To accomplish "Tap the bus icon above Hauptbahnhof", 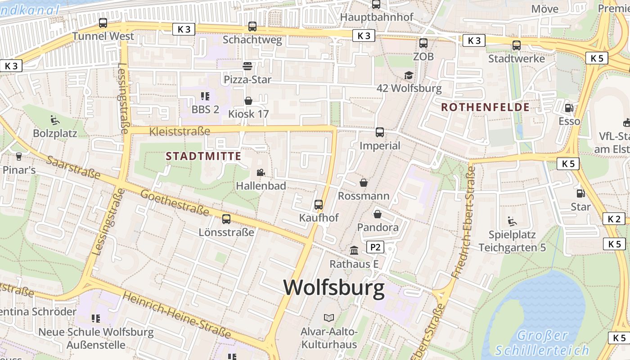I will pyautogui.click(x=376, y=4).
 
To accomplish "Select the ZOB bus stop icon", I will pyautogui.click(x=423, y=43).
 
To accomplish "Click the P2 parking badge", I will pyautogui.click(x=375, y=247).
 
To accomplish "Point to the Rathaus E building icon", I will pyautogui.click(x=354, y=250).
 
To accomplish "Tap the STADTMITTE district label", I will pyautogui.click(x=203, y=157).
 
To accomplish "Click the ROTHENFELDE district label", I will pyautogui.click(x=485, y=107).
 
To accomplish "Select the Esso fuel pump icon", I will pyautogui.click(x=569, y=108).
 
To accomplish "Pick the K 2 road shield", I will pyautogui.click(x=614, y=219).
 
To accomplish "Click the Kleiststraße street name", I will pyautogui.click(x=180, y=131).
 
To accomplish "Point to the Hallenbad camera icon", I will pyautogui.click(x=261, y=172).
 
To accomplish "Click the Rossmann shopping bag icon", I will pyautogui.click(x=364, y=183).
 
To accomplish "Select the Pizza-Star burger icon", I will pyautogui.click(x=247, y=66).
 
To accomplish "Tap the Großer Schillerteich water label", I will pyautogui.click(x=542, y=343).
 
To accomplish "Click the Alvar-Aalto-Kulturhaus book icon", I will pyautogui.click(x=329, y=318).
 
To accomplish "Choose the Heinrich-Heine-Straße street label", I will pyautogui.click(x=176, y=315).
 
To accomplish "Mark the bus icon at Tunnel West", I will pyautogui.click(x=103, y=23).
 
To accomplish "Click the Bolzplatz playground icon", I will pyautogui.click(x=55, y=120).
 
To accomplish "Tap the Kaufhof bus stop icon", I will pyautogui.click(x=319, y=204).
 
